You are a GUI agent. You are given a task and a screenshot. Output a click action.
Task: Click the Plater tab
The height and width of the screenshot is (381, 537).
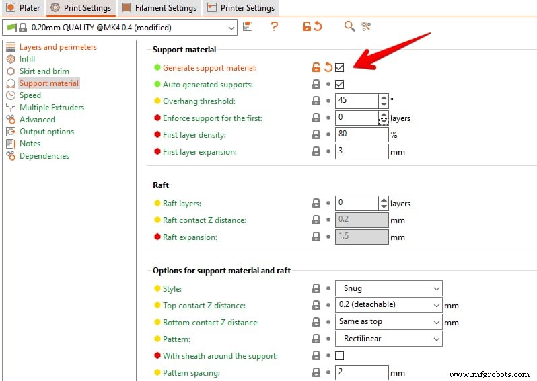tap(24, 8)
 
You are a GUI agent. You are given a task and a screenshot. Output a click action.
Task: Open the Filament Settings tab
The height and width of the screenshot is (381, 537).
tap(159, 8)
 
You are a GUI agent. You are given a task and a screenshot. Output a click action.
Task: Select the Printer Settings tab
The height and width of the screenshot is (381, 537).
tap(241, 8)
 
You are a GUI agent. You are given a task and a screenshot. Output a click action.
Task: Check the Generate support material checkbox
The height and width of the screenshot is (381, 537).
tap(339, 67)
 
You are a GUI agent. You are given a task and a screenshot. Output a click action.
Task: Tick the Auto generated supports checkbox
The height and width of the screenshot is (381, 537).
tap(339, 84)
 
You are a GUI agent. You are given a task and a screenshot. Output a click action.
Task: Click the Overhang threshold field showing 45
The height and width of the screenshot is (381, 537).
tap(357, 101)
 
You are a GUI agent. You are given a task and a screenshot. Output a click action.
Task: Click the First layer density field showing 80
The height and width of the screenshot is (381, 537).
tap(361, 134)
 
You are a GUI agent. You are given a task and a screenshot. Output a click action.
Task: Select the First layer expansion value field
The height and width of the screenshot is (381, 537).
tap(361, 151)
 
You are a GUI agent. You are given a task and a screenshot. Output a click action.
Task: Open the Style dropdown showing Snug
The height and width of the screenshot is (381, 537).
tap(389, 288)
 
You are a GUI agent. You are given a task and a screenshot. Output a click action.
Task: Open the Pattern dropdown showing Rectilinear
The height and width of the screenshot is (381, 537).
tap(389, 339)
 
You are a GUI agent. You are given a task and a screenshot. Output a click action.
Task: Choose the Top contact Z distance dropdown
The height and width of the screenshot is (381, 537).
tap(389, 305)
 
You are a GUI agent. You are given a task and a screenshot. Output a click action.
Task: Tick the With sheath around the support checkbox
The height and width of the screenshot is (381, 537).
tap(339, 355)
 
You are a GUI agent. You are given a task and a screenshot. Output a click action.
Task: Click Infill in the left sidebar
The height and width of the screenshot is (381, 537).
tap(27, 59)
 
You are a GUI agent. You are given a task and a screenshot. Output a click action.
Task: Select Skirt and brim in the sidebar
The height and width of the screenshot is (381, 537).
tap(44, 71)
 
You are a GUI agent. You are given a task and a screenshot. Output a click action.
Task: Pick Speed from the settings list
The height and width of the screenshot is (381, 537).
tap(30, 95)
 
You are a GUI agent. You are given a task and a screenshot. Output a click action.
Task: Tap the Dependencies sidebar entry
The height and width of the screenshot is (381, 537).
tap(44, 156)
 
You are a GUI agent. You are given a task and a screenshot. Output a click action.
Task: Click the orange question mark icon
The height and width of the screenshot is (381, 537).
tap(274, 26)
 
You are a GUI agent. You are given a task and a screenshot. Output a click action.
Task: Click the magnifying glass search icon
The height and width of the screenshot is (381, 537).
tap(349, 26)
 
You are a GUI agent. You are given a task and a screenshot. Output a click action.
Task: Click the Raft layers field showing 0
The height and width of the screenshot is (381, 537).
tap(357, 203)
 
